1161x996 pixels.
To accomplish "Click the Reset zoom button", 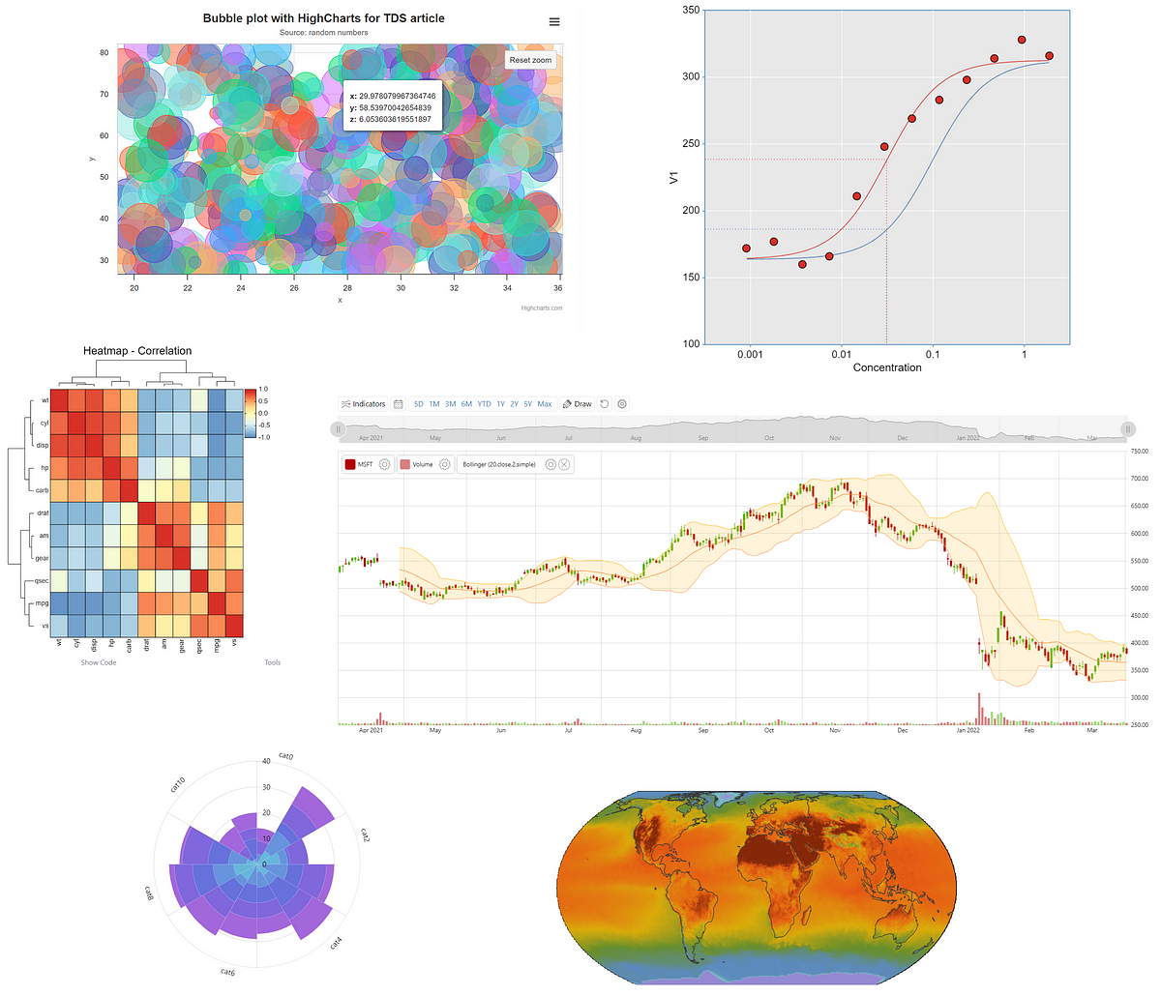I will point(530,60).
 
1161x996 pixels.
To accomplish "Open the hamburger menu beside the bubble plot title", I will point(554,22).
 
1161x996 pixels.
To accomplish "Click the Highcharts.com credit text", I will point(541,308).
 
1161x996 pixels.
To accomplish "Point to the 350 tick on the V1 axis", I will point(691,10).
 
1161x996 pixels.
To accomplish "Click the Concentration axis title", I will point(887,367).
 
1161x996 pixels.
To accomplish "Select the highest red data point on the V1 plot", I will point(1022,40).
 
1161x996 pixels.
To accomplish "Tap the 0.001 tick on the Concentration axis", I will point(750,355).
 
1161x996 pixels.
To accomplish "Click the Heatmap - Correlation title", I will point(137,351).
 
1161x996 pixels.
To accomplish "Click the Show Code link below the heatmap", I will point(99,662).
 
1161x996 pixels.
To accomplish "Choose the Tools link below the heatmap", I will point(273,662).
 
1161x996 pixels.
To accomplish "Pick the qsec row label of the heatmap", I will point(42,581).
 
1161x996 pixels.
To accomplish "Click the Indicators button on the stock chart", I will point(363,404).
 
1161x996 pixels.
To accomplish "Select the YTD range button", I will point(484,404).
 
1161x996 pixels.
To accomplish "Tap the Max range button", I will point(545,404).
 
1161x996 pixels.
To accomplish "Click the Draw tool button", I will point(578,404).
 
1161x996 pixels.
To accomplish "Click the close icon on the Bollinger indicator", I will point(565,465).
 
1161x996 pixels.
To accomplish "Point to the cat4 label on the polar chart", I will point(336,942).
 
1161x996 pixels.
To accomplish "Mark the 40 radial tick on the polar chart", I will point(266,762).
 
